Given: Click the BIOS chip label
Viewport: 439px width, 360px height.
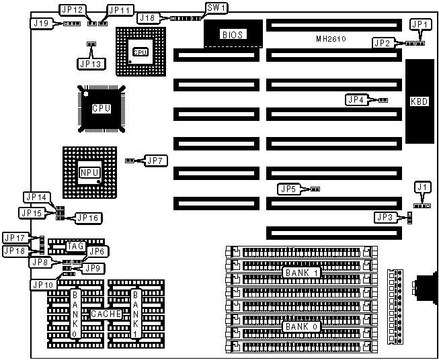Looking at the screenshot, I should coord(231,34).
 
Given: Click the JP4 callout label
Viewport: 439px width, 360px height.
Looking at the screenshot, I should coord(356,99).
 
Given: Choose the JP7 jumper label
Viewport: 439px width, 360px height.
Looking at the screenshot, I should coord(155,161).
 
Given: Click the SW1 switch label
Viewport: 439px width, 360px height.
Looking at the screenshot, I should coord(216,9).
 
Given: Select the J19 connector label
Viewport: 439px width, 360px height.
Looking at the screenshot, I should coord(40,23).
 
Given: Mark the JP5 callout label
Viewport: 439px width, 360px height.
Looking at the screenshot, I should coord(288,189).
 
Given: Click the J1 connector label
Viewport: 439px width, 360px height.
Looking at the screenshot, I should coord(422,186).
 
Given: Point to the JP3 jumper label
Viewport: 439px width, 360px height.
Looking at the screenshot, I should coord(385,217).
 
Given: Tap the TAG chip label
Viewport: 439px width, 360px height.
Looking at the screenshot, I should coord(75,246).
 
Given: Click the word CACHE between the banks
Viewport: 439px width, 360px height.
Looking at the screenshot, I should coord(106,314).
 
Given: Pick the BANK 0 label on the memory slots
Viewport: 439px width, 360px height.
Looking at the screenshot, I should coord(301,326).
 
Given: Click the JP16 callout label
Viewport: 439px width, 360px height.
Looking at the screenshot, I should coord(87,218).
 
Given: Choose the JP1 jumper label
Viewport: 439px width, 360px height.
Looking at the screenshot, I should coord(420,25).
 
